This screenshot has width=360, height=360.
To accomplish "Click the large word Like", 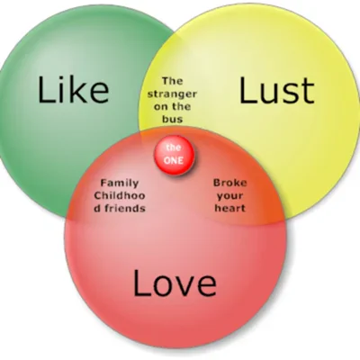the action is pos(73,90).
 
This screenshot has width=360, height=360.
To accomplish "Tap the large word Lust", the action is pos(276,90).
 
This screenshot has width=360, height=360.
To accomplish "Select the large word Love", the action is pos(175,283).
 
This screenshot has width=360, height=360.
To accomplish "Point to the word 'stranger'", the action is pos(172,94).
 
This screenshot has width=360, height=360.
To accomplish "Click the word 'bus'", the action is pos(173,119).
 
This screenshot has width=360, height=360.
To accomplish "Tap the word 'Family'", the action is pos(120,184).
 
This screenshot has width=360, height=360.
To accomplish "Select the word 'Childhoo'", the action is pos(120,195).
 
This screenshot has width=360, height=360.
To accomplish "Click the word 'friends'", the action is pos(124,208).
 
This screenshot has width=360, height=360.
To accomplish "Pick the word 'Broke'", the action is pos(230,183).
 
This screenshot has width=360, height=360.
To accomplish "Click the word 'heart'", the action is pos(230,208).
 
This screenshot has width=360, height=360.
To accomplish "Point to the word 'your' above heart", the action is pos(230,196).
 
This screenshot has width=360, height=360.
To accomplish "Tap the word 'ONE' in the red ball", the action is pos(174,160).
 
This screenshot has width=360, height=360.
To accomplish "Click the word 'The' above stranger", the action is pos(172,81).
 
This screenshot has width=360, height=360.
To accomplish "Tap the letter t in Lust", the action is pos(308,92).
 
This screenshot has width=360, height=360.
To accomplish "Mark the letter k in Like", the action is pos(77,90).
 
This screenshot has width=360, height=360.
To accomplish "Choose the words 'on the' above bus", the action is pos(172,106).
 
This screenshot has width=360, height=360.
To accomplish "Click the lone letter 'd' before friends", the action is pos(97,208).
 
